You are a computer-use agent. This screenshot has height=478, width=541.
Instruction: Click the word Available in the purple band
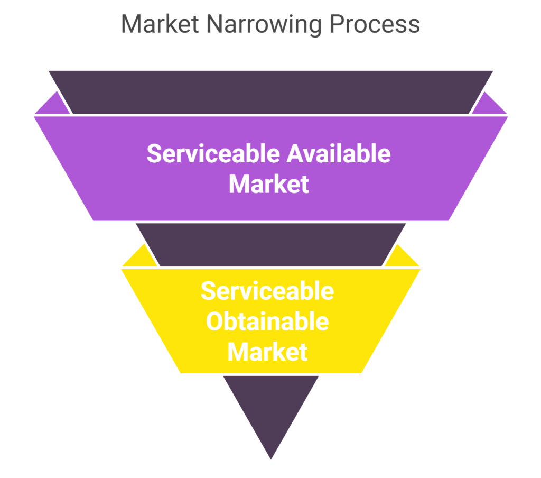(x=339, y=154)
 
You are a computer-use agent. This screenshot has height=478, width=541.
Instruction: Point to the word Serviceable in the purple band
(x=213, y=154)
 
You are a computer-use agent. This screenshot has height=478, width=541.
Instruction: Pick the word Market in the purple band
(x=268, y=185)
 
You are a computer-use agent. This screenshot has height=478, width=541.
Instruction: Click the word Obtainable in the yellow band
(x=267, y=321)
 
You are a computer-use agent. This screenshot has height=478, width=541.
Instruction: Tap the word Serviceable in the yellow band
(x=267, y=291)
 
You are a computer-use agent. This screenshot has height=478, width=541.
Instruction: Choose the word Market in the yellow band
(x=267, y=352)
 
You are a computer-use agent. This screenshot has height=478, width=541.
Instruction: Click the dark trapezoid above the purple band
(x=270, y=91)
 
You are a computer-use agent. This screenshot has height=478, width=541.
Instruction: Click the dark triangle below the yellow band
(x=270, y=407)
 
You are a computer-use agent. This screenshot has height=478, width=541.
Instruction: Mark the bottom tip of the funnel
(x=270, y=459)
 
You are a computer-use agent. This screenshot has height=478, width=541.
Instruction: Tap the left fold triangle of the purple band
(x=53, y=105)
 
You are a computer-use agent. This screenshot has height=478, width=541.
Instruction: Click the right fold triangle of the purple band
(x=489, y=105)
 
